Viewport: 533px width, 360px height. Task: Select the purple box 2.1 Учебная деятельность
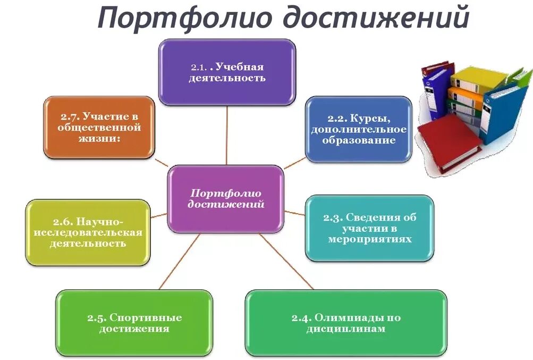pyautogui.click(x=227, y=72)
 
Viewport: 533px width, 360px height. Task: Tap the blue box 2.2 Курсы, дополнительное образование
pyautogui.click(x=358, y=129)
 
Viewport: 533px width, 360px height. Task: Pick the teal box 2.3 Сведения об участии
pyautogui.click(x=369, y=228)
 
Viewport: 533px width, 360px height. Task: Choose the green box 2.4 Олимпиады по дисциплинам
pyautogui.click(x=345, y=323)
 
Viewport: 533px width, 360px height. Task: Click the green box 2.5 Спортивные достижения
pyautogui.click(x=134, y=323)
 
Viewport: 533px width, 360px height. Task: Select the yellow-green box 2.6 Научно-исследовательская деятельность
pyautogui.click(x=88, y=232)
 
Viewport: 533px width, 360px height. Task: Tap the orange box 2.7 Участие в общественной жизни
pyautogui.click(x=99, y=128)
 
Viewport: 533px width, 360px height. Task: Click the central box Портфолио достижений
pyautogui.click(x=226, y=199)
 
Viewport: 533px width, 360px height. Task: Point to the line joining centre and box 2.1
pyautogui.click(x=227, y=136)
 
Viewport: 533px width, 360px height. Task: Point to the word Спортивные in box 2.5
pyautogui.click(x=145, y=318)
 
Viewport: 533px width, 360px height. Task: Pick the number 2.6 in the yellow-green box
pyautogui.click(x=63, y=221)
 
